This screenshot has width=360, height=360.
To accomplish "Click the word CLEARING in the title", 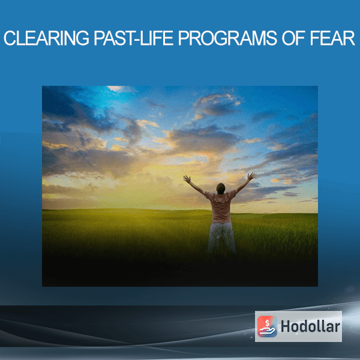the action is point(46,38).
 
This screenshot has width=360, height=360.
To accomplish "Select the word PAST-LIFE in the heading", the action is point(134,38).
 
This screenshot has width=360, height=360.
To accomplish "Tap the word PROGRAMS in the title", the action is point(227,38).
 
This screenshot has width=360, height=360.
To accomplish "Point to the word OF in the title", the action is point(293,38).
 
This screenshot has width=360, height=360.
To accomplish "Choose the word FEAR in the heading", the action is point(332,38).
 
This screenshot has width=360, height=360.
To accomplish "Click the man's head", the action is point(221,188).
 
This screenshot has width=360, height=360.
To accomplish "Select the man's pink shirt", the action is point(221,206).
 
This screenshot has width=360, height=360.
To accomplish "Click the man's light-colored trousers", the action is point(221,238).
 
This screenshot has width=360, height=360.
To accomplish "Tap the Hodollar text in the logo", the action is point(310,326).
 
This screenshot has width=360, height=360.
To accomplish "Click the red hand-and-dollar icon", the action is point(267,326).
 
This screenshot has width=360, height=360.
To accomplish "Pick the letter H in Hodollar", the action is point(286,326).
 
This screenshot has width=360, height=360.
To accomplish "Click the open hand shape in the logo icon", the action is point(267,331).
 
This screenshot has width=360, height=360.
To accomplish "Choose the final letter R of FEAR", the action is point(349,38).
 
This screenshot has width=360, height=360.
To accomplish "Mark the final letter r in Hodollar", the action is point(337,328).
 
